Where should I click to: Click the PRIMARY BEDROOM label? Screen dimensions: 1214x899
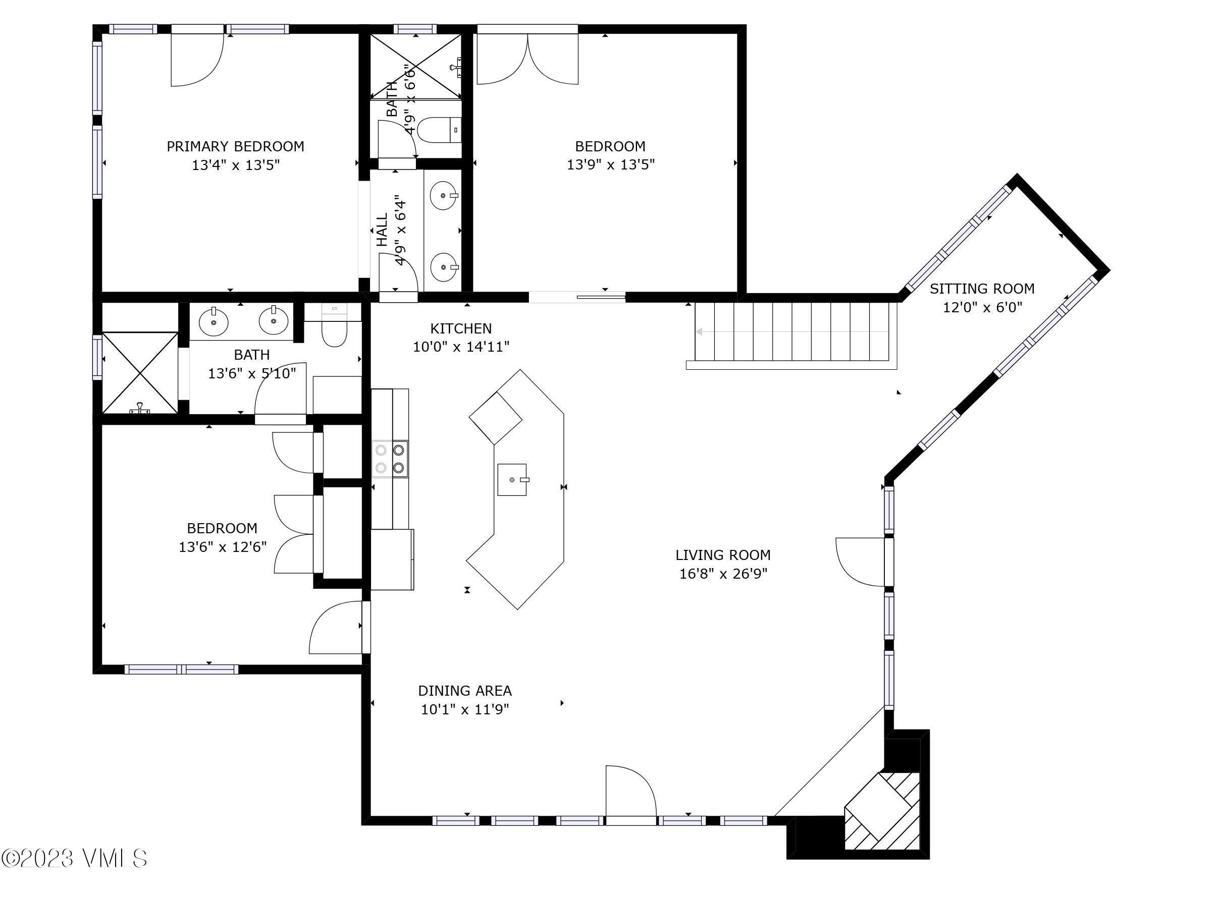235,146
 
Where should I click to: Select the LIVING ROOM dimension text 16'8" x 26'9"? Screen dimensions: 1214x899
723,574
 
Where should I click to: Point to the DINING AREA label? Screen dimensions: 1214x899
464,691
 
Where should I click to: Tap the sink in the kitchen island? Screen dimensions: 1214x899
512,479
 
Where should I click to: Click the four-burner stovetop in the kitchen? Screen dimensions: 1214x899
390,459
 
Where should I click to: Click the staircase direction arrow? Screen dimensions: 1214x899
791,331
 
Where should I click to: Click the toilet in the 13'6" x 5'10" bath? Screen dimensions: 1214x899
334,333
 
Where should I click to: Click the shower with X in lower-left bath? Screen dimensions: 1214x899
140,373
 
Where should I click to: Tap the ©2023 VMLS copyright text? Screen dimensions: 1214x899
75,859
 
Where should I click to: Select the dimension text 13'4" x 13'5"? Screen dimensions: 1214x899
235,165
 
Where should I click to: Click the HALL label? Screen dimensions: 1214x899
382,230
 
